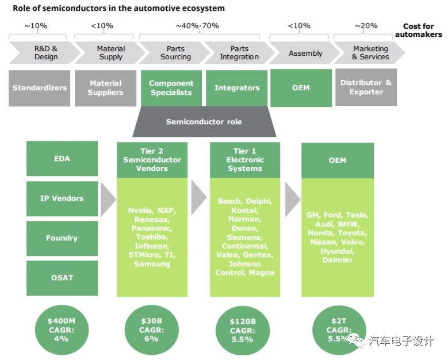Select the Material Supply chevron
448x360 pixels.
pos(110,53)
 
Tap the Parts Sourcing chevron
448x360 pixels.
pos(175,53)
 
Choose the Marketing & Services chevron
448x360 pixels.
pos(370,53)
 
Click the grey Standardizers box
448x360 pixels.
pos(40,88)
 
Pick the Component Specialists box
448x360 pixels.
pos(171,88)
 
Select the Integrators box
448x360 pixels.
pos(236,88)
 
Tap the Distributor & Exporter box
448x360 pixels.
pos(365,87)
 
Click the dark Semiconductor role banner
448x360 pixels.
pos(204,122)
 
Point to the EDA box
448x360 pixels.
pos(62,158)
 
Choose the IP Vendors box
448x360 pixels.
pos(62,198)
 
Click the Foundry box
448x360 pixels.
pos(62,238)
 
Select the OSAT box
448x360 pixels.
pos(62,278)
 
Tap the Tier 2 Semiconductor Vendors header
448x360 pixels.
pos(152,160)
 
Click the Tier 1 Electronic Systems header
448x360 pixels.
pos(245,160)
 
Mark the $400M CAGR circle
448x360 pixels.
pos(61,330)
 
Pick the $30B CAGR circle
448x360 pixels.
pos(152,330)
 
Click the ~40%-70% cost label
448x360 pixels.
pos(197,26)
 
